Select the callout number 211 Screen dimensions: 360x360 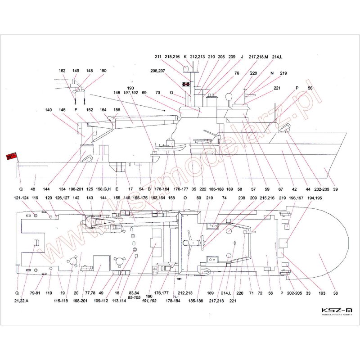[158, 57]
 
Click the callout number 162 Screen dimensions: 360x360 [63, 71]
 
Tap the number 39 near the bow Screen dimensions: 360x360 [335, 189]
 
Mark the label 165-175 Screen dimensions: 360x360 [140, 198]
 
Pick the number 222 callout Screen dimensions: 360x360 [203, 189]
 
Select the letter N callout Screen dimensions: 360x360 [272, 73]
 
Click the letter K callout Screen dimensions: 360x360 [185, 57]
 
